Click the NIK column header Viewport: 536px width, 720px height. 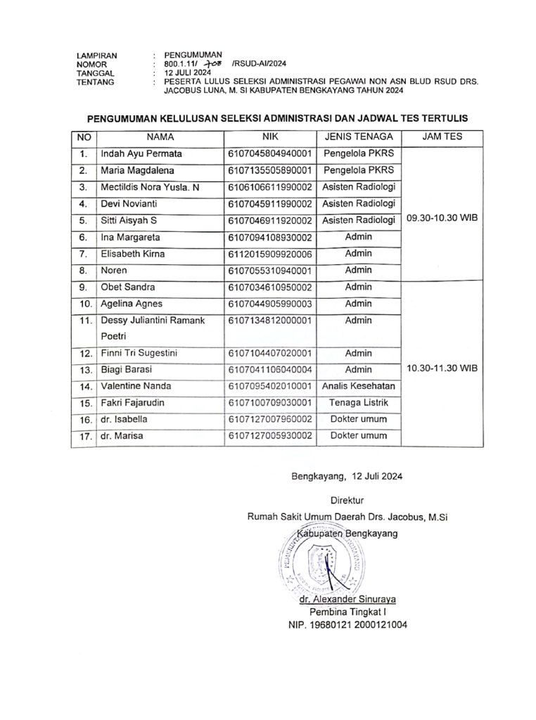(x=270, y=136)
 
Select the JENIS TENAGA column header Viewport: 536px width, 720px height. (x=358, y=136)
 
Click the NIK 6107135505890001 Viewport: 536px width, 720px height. (x=269, y=170)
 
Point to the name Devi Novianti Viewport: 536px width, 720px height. (x=129, y=204)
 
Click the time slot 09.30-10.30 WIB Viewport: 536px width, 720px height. (x=442, y=219)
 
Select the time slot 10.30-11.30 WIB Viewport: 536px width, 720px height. (x=442, y=368)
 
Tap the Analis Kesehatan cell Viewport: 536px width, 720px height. (x=358, y=385)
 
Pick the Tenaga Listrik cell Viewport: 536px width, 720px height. (x=358, y=402)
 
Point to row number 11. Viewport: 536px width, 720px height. (x=85, y=321)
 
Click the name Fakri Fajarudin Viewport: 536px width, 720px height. (x=134, y=402)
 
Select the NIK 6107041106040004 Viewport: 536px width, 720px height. (x=269, y=369)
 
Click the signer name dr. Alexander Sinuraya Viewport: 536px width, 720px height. (x=347, y=599)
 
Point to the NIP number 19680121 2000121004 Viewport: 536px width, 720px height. (x=347, y=624)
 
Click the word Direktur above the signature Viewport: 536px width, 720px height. (x=347, y=501)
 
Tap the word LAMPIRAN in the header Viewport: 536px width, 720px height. (x=96, y=55)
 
